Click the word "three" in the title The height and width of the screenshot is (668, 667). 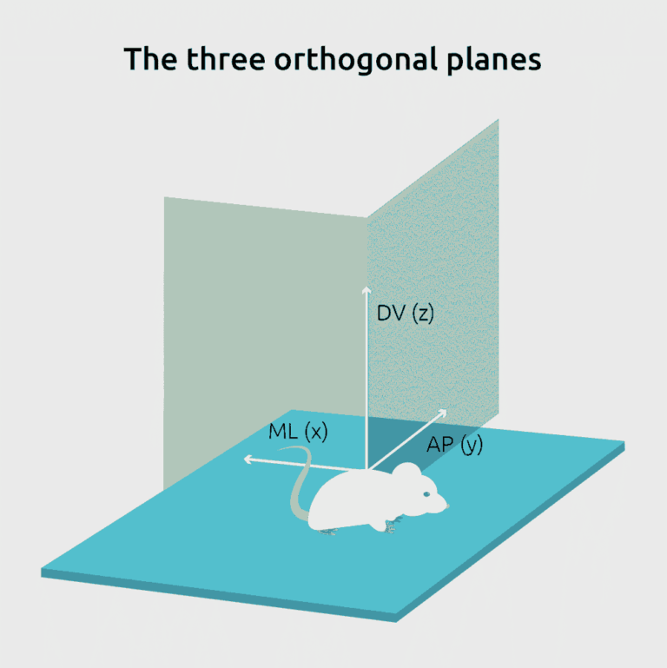tap(226, 59)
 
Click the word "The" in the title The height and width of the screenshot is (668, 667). tap(150, 59)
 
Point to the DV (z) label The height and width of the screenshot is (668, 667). tap(405, 314)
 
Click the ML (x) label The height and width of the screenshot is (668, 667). tap(298, 432)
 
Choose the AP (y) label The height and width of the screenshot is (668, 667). tap(454, 446)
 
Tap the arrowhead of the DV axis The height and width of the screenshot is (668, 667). tap(367, 289)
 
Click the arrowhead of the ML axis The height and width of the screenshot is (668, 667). tap(247, 459)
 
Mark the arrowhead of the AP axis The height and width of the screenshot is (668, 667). tap(443, 413)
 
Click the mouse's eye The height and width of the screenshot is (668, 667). tap(426, 494)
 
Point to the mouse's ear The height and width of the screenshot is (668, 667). tap(406, 472)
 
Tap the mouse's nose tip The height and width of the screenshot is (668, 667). tap(446, 506)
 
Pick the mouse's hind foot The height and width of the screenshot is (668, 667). tap(327, 531)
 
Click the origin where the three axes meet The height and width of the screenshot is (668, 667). tap(367, 470)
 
